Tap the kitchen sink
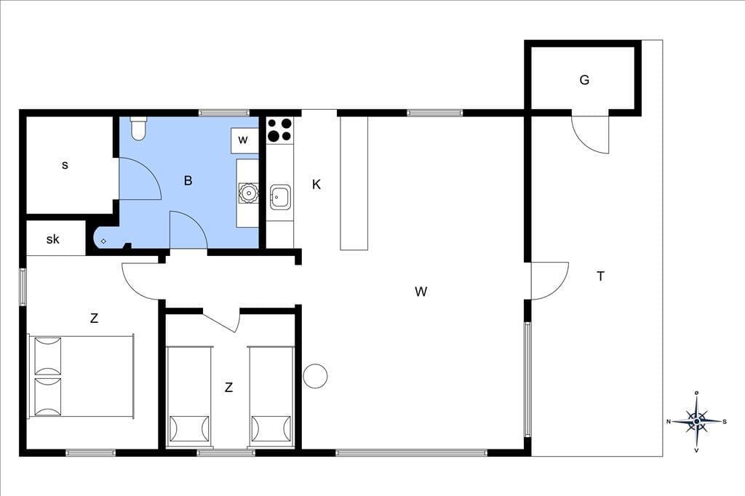pyautogui.click(x=280, y=196)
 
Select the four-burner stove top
pyautogui.click(x=279, y=129)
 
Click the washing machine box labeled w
pyautogui.click(x=244, y=140)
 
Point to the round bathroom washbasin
pyautogui.click(x=248, y=193)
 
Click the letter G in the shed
pyautogui.click(x=584, y=80)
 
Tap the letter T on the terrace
pyautogui.click(x=600, y=276)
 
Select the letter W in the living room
pyautogui.click(x=421, y=291)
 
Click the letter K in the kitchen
pyautogui.click(x=316, y=184)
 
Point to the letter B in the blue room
pyautogui.click(x=188, y=180)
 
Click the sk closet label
pyautogui.click(x=52, y=239)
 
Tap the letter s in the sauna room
pyautogui.click(x=65, y=165)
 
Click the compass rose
pyautogui.click(x=696, y=421)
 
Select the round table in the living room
pyautogui.click(x=315, y=376)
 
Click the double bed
pyautogui.click(x=81, y=376)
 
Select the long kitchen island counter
pyautogui.click(x=354, y=183)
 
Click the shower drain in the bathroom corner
pyautogui.click(x=103, y=241)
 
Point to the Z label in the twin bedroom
pyautogui.click(x=228, y=388)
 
